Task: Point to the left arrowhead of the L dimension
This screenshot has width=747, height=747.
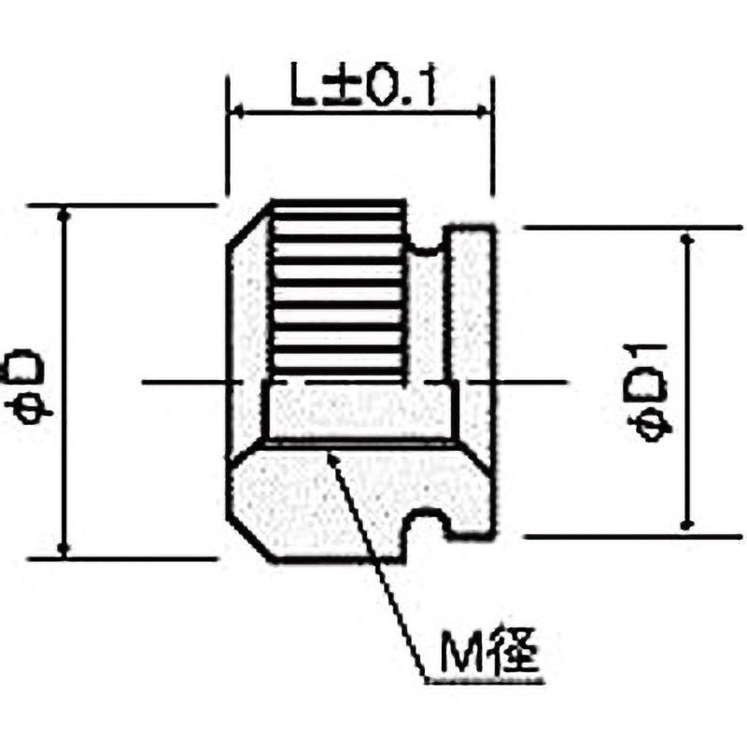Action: coord(236,113)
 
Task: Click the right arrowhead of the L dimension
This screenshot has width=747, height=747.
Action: coord(484,113)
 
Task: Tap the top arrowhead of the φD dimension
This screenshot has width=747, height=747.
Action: coord(63,216)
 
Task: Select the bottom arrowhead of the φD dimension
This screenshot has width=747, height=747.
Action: coord(63,549)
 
